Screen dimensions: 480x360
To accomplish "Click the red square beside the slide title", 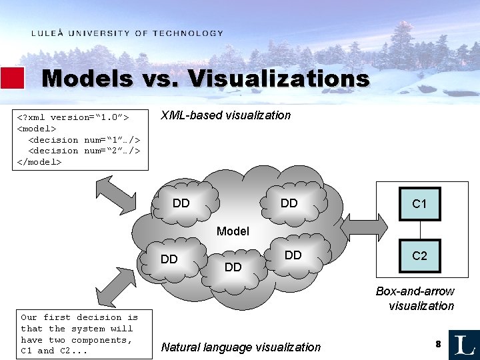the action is pos(13,78).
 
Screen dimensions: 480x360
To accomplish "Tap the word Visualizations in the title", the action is pos(279,79).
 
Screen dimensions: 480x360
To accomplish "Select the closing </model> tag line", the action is pos(39,162).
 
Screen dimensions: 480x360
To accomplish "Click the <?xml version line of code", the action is pos(73,117).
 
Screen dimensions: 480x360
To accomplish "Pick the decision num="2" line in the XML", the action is pos(84,151).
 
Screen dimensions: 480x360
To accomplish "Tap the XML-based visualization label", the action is pos(226,115).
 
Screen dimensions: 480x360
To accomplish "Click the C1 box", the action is pos(419,204).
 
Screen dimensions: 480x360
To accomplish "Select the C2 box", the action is pos(419,255).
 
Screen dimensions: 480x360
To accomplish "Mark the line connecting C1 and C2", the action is pos(419,230).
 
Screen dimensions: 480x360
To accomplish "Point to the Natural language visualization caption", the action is pos(241,347).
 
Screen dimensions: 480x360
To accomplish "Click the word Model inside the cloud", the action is pos(233,231).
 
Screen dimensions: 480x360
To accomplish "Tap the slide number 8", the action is pos(438,343).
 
